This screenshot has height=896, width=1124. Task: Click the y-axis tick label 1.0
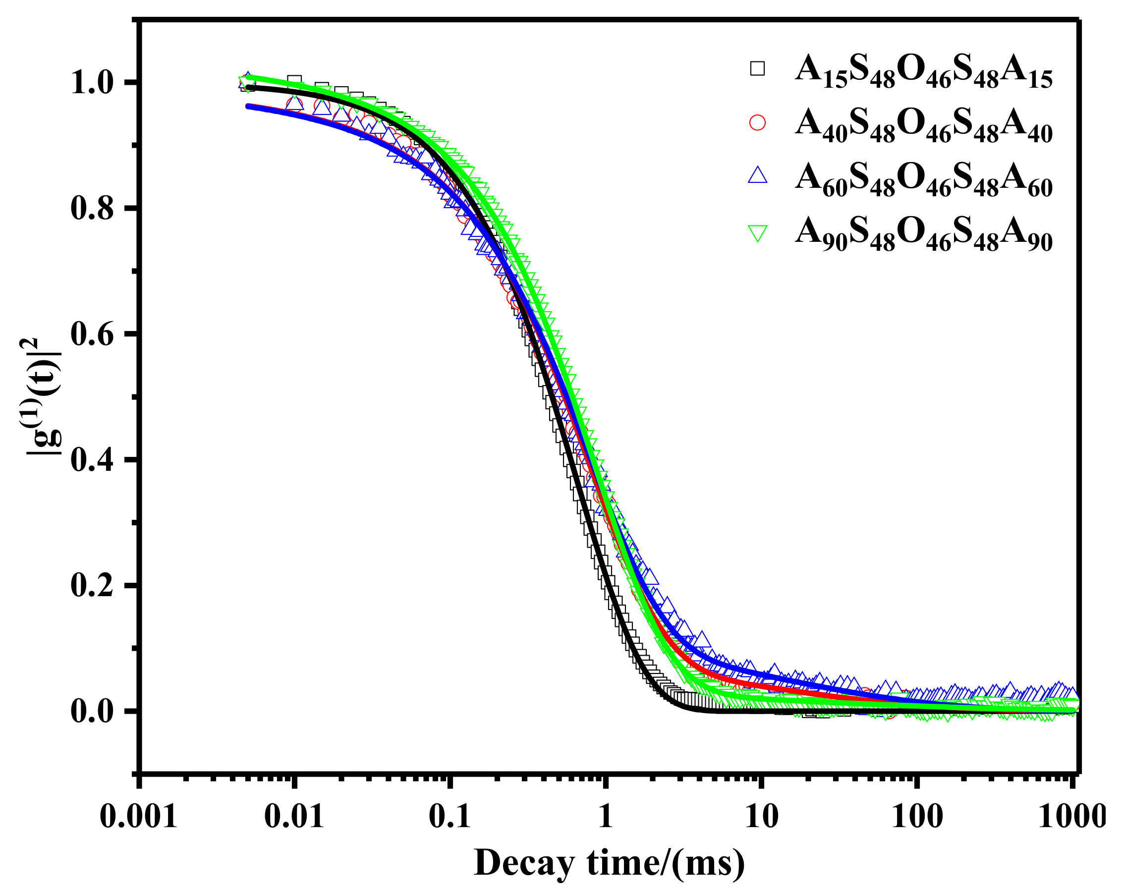(92, 83)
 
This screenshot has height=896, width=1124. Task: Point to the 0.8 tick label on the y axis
(92, 209)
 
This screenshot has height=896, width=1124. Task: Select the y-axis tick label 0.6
(92, 334)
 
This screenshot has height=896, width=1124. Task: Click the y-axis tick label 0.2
(92, 585)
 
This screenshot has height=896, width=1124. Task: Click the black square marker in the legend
(757, 69)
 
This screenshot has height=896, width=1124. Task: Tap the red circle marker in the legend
(757, 123)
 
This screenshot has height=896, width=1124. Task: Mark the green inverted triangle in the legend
(757, 232)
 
